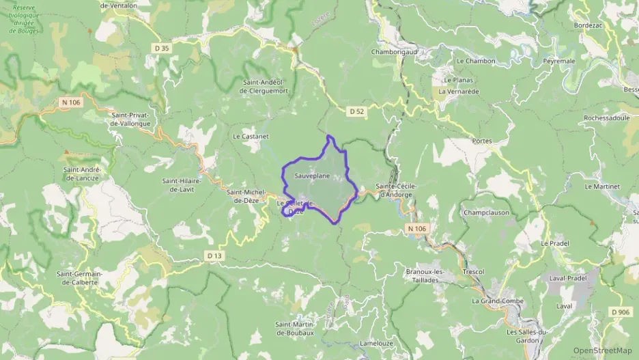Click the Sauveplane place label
312,176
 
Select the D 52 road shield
356,111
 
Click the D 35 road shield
161,48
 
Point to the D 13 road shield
214,255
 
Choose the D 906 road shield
621,312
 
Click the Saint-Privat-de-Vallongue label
133,120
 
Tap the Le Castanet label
251,137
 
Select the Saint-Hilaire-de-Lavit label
178,185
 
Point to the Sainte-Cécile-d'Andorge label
395,190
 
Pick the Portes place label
481,141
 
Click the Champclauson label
486,212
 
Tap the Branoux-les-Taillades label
425,275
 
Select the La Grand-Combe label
497,301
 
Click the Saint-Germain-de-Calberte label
79,278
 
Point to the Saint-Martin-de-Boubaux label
294,328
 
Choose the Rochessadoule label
607,117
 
